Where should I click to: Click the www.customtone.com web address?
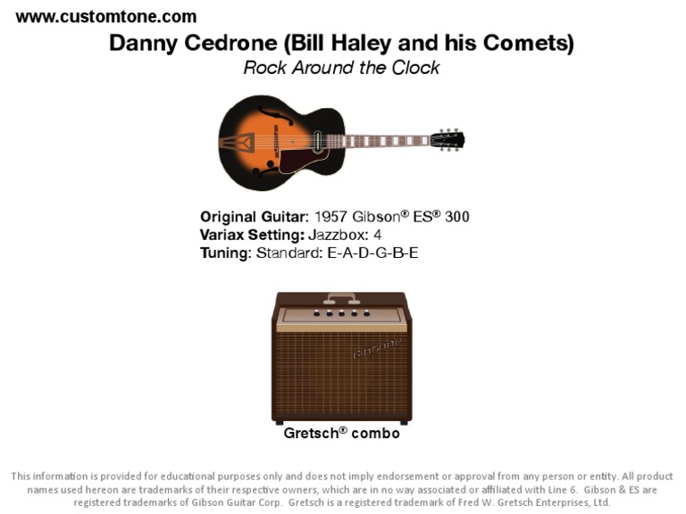pyautogui.click(x=106, y=16)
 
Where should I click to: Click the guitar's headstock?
pyautogui.click(x=447, y=139)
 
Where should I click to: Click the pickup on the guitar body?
pyautogui.click(x=318, y=141)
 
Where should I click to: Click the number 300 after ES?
pyautogui.click(x=456, y=216)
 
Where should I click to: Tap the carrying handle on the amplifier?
pyautogui.click(x=341, y=297)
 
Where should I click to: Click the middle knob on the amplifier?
pyautogui.click(x=341, y=313)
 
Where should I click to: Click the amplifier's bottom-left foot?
pyautogui.click(x=280, y=422)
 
